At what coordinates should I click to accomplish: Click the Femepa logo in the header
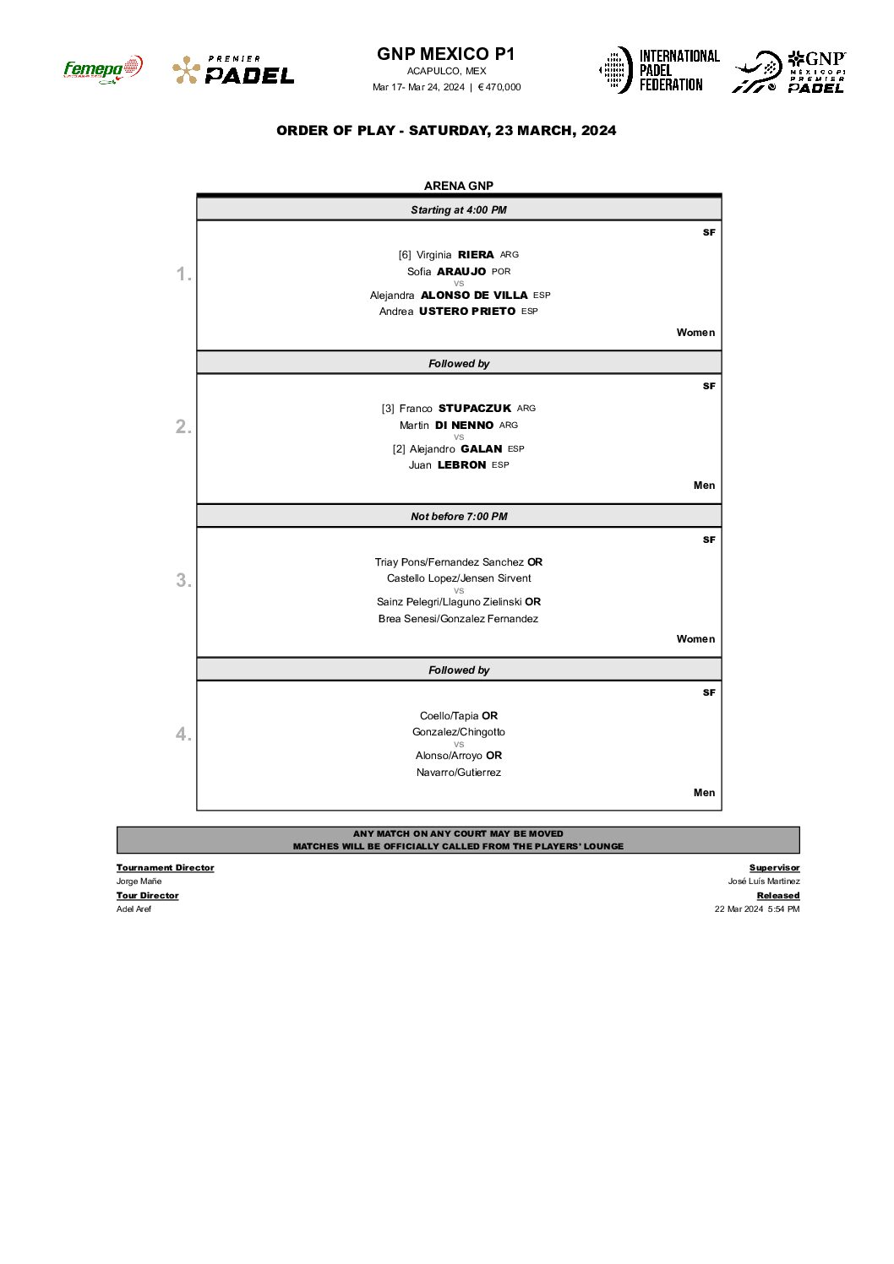tap(102, 69)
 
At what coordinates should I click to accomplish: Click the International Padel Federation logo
tap(659, 70)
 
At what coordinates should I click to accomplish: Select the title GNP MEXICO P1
tap(445, 54)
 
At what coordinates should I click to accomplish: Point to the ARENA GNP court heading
tap(459, 186)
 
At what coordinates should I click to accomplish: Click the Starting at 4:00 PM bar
tap(459, 209)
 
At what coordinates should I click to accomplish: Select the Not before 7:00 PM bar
tap(459, 516)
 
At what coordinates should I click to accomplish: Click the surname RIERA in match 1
tap(476, 255)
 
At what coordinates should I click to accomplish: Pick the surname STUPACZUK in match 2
tap(475, 409)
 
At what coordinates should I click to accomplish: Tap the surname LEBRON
tap(461, 465)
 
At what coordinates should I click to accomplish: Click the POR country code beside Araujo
tap(501, 272)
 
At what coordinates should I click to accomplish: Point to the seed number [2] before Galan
tap(399, 449)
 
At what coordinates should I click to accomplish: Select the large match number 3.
tap(183, 580)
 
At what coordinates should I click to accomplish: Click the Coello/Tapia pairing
tap(450, 716)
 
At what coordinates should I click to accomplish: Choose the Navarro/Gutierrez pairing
tap(459, 773)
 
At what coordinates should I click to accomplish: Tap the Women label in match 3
tap(695, 639)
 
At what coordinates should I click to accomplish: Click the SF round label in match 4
tap(709, 692)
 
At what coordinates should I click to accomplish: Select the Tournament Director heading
tap(165, 868)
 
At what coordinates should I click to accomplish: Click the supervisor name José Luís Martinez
tap(764, 882)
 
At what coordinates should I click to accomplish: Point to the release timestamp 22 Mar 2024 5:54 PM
tap(757, 909)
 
